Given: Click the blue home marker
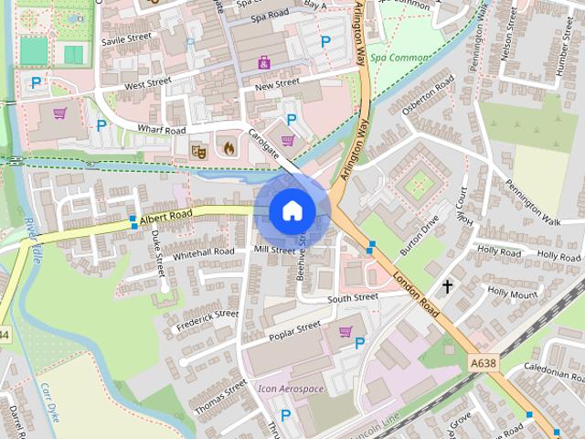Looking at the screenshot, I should tap(292, 211).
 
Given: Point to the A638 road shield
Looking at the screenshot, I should tap(484, 364).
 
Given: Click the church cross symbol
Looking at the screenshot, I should tap(448, 287).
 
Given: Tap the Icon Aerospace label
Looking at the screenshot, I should tap(291, 389).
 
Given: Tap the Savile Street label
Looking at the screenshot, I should tap(126, 40).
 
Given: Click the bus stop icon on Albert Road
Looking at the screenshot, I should tap(134, 220).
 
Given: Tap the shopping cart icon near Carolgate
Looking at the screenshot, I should tap(288, 141).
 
